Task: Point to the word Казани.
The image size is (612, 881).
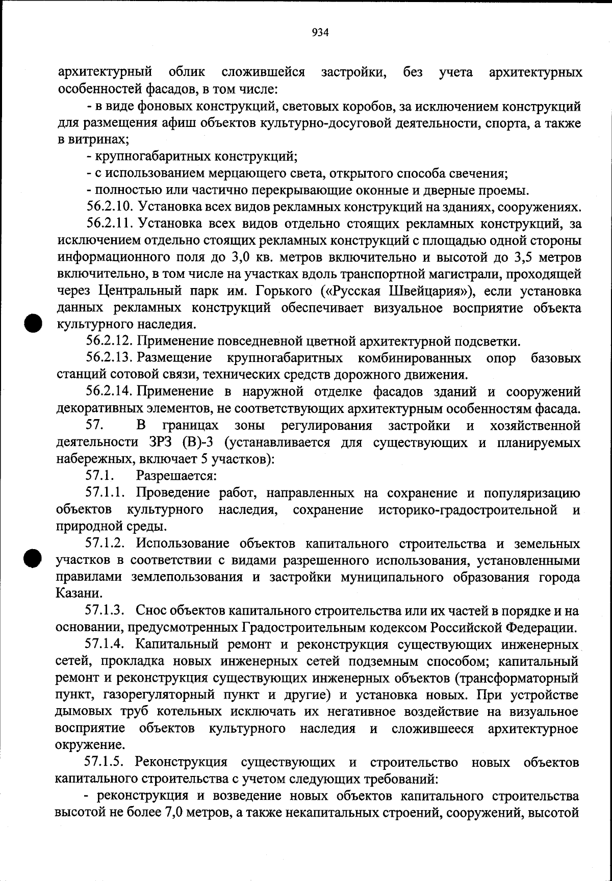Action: coord(74,594)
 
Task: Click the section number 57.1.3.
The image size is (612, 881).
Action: coord(106,610)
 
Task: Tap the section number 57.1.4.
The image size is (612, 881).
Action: coord(106,644)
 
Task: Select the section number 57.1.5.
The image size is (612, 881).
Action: coord(106,763)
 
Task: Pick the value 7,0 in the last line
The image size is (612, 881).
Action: coord(171,813)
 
